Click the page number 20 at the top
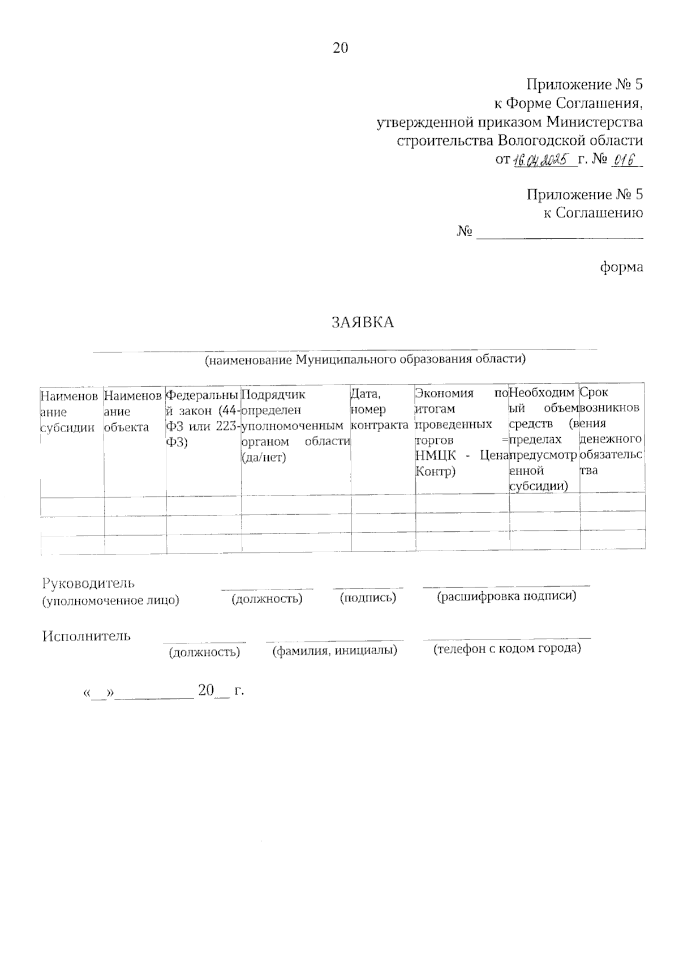click(x=340, y=48)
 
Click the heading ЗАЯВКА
click(x=362, y=323)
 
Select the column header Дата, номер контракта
click(x=380, y=408)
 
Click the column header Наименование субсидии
click(x=68, y=411)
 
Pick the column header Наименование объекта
click(x=134, y=411)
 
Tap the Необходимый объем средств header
click(x=544, y=439)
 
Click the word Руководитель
click(x=88, y=583)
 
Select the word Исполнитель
click(x=86, y=635)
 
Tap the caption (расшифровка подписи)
click(x=506, y=596)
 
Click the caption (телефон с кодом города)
click(x=507, y=648)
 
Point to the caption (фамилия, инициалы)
click(x=335, y=651)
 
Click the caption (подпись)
click(x=368, y=598)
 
